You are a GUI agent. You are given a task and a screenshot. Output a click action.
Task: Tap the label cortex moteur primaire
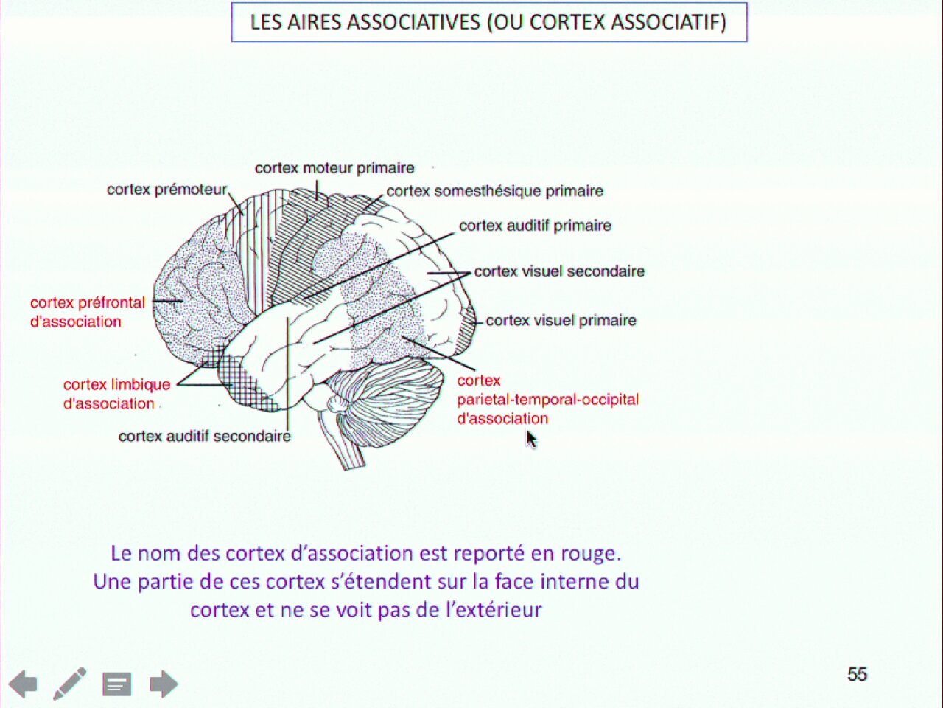334,168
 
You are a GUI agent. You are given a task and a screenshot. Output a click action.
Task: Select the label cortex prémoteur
166,190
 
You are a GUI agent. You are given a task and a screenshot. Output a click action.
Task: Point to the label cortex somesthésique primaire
494,191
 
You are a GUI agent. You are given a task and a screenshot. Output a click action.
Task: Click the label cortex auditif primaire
535,226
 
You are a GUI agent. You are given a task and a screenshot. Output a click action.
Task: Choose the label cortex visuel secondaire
559,271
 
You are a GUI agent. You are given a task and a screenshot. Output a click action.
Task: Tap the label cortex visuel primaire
561,320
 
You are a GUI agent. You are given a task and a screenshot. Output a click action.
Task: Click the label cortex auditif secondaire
205,437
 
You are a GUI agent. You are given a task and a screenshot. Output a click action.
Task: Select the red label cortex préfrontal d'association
88,312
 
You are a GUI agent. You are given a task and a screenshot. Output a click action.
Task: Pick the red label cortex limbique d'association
117,394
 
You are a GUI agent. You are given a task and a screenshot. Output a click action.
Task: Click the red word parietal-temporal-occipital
548,399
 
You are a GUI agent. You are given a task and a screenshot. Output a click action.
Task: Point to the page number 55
857,674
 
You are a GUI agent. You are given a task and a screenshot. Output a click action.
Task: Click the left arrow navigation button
23,684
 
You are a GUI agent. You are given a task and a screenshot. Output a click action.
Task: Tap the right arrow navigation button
164,684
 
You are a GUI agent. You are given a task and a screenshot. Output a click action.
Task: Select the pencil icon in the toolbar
69,684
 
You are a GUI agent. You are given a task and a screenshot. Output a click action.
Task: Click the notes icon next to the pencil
117,684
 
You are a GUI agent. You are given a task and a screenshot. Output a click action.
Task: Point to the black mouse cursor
531,440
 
